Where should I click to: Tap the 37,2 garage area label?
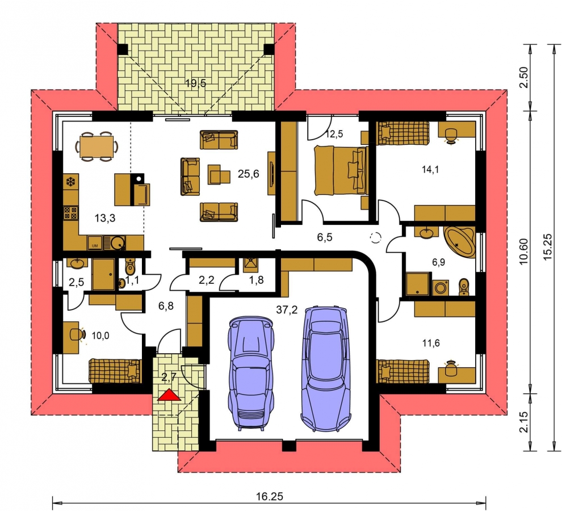pos(287,309)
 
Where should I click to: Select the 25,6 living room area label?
pos(249,174)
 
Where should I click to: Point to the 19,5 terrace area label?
pos(196,83)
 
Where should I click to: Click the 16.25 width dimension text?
pos(270,496)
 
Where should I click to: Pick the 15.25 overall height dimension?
pos(547,248)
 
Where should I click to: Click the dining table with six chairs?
pos(97,146)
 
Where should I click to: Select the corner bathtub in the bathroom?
pos(459,241)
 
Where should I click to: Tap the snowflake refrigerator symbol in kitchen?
pos(70,182)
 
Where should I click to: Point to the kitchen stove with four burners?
pos(70,213)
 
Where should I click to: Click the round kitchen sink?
pos(117,243)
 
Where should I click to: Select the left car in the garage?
pos(251,373)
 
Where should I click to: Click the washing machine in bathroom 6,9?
pos(440,288)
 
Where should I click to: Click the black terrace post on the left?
pos(123,49)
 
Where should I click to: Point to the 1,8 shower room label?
pos(256,280)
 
